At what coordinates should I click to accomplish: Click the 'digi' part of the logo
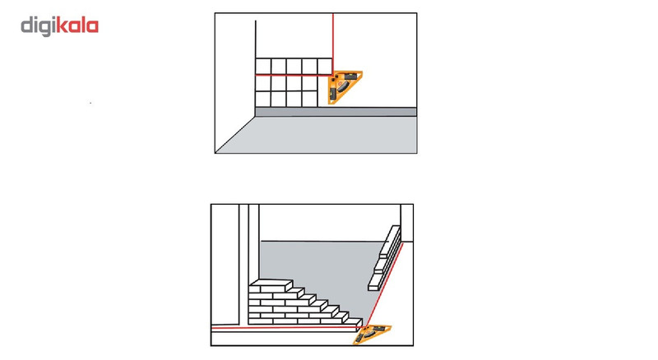pos(38,26)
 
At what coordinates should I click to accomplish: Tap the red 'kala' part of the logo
pos(76,25)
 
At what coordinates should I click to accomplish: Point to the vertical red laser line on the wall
pos(333,44)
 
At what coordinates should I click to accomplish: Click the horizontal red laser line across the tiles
pos(294,75)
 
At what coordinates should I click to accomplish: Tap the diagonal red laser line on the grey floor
pos(385,284)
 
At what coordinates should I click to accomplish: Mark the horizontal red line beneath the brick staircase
pos(287,327)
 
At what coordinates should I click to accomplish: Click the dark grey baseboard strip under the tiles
pos(336,112)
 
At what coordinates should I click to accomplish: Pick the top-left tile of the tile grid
pos(263,67)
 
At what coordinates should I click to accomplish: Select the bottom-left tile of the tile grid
pos(263,99)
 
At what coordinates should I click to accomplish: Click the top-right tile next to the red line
pos(325,67)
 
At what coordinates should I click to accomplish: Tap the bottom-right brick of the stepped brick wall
pos(353,321)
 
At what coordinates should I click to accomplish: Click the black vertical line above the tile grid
pos(256,39)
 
